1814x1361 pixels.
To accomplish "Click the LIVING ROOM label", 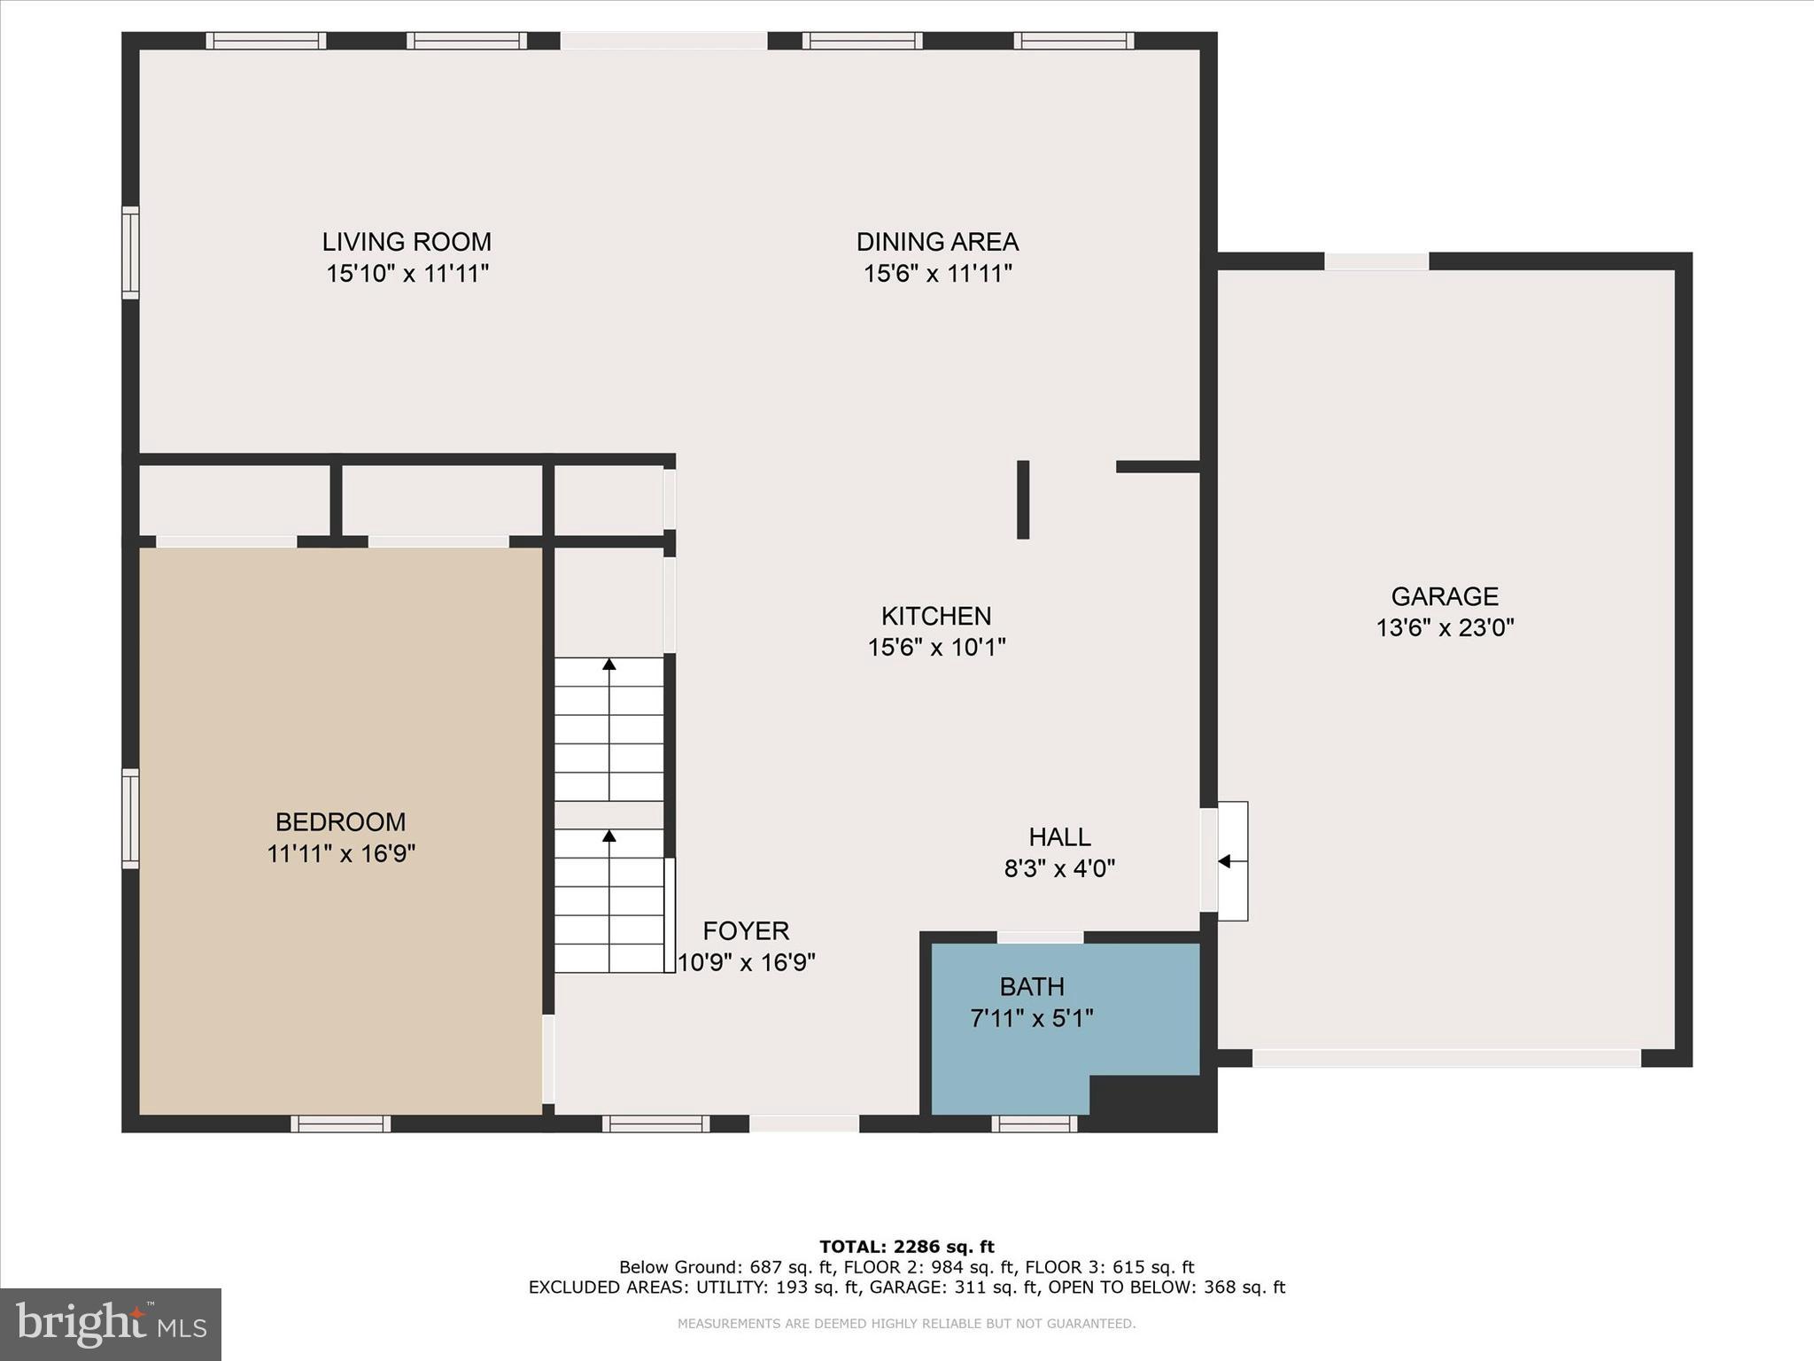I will point(407,242).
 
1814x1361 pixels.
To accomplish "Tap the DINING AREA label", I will point(937,242).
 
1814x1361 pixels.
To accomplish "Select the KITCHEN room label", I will point(936,616).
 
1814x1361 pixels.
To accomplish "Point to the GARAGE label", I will point(1445,596).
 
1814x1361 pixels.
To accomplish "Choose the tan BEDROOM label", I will point(341,822).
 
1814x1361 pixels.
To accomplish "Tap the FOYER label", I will point(746,930).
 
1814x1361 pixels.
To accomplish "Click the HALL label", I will point(1059,836).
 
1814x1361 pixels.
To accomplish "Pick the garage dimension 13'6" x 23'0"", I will point(1445,628).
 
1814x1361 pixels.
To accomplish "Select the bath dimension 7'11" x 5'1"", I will point(1032,1018).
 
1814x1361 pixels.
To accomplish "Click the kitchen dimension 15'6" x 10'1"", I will point(936,648).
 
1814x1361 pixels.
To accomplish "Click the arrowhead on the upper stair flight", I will point(609,664).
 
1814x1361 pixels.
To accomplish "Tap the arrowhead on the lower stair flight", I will point(609,836).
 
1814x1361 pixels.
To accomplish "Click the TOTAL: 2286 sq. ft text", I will point(906,1248).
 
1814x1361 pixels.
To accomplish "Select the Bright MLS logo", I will point(111,1325).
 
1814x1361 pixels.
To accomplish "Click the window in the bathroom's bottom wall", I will point(1034,1124).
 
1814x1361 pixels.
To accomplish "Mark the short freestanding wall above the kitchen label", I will point(1023,500).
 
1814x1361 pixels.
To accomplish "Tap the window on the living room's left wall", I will point(130,253).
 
